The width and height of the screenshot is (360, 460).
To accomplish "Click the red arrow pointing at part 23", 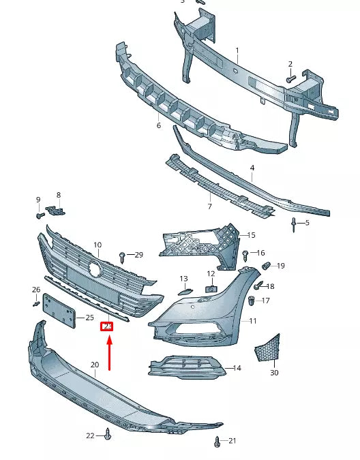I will [x=109, y=351].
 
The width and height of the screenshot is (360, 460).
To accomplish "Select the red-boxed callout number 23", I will [x=106, y=326].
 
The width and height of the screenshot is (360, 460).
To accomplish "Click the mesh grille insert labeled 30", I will [x=267, y=349].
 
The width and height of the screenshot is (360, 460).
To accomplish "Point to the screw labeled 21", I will [x=217, y=441].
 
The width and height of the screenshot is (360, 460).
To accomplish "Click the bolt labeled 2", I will [x=290, y=79].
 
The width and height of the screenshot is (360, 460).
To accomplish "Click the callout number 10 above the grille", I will [x=97, y=245].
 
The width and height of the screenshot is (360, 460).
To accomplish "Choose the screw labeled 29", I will [x=123, y=256].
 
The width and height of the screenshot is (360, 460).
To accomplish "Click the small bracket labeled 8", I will [x=57, y=210].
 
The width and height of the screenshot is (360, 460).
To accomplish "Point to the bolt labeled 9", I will [x=40, y=215].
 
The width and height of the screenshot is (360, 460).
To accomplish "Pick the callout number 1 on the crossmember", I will [x=237, y=50].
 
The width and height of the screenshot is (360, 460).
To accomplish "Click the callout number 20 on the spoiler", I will [x=95, y=365].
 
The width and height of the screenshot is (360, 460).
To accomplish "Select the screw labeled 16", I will [x=246, y=254].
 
